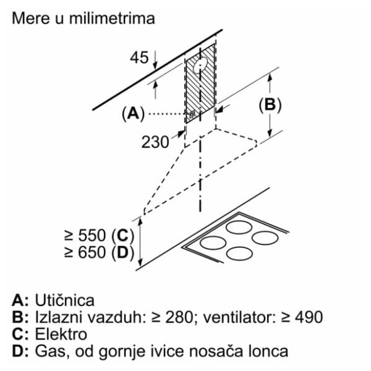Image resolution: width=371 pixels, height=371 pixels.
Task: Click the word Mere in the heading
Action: [32, 18]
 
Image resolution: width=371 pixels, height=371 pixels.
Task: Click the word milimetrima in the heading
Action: [112, 18]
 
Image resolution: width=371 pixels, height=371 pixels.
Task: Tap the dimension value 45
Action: [139, 58]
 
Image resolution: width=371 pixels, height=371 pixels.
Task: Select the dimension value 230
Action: [155, 142]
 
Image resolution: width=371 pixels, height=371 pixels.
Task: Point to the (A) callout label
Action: [133, 114]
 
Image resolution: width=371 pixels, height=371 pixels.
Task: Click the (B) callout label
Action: [270, 105]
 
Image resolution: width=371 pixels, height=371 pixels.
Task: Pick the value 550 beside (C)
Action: [92, 236]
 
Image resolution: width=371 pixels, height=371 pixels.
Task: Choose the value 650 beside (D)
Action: [92, 252]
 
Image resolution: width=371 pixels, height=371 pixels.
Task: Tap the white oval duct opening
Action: [200, 65]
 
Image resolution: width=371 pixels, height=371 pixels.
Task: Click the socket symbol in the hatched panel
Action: [192, 115]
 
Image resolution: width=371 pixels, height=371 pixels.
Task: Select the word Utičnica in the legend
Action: [64, 301]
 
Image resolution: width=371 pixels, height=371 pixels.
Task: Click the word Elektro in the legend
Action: [61, 335]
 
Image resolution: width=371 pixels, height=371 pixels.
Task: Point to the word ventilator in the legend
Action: [239, 317]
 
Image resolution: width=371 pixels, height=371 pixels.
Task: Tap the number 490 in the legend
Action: [309, 317]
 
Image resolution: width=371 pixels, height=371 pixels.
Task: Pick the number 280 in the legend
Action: [179, 317]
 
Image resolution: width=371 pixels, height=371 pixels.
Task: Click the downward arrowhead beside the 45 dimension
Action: [155, 66]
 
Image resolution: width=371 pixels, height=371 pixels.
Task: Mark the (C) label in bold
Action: [122, 236]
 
